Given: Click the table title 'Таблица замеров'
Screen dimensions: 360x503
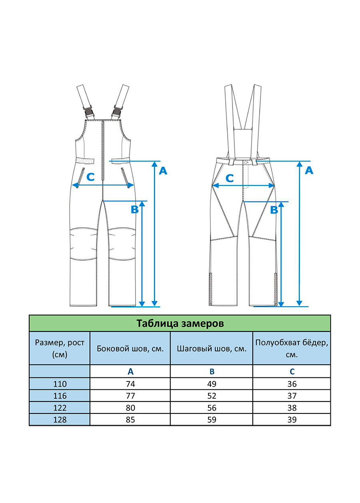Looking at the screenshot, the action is pos(180,323).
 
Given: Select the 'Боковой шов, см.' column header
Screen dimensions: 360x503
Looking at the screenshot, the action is pos(130,349).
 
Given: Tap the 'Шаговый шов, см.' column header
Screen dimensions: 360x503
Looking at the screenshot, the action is pos(212,349).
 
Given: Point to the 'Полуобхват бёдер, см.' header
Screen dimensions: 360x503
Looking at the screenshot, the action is pos(292,349).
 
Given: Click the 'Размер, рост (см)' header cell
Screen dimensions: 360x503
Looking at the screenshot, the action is pos(60,349).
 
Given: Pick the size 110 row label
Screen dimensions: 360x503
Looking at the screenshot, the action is pos(60,384).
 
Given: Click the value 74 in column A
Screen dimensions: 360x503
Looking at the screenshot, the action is pos(130,384).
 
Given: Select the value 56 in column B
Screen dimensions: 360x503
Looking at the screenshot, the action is pos(212,407).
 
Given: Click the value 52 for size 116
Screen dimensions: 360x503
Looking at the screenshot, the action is pos(212,396).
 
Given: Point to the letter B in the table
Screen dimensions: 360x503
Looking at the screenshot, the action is pos(212,371).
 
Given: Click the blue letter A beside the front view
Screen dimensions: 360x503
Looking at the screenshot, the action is pos(163,171).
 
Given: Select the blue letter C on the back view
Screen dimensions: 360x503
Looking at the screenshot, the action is pos(230,178).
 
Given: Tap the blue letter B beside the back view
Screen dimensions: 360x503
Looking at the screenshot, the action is pos(274,210).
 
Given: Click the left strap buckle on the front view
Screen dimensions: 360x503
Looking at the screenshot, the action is pos(88,112).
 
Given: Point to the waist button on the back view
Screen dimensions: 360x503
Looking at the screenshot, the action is pos(246,162).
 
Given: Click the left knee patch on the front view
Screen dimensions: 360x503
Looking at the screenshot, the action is pos(84,244).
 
